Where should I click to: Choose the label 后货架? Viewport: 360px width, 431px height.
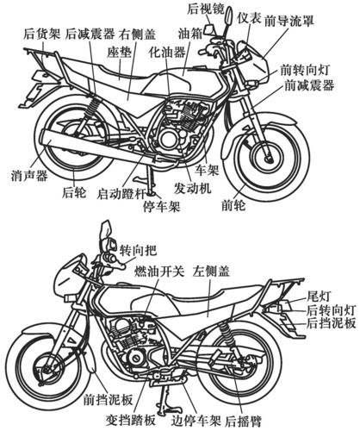pyautogui.click(x=41, y=35)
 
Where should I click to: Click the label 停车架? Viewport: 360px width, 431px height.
pyautogui.click(x=159, y=206)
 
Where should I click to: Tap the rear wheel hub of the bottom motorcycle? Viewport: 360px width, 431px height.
pyautogui.click(x=283, y=365)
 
